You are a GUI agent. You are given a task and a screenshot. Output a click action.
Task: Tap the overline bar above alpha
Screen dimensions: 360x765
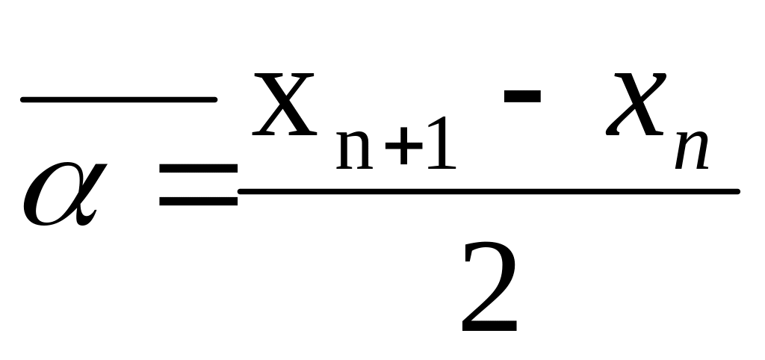pyautogui.click(x=118, y=99)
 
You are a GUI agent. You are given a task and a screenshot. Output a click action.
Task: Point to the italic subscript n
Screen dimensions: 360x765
pyautogui.click(x=691, y=149)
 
